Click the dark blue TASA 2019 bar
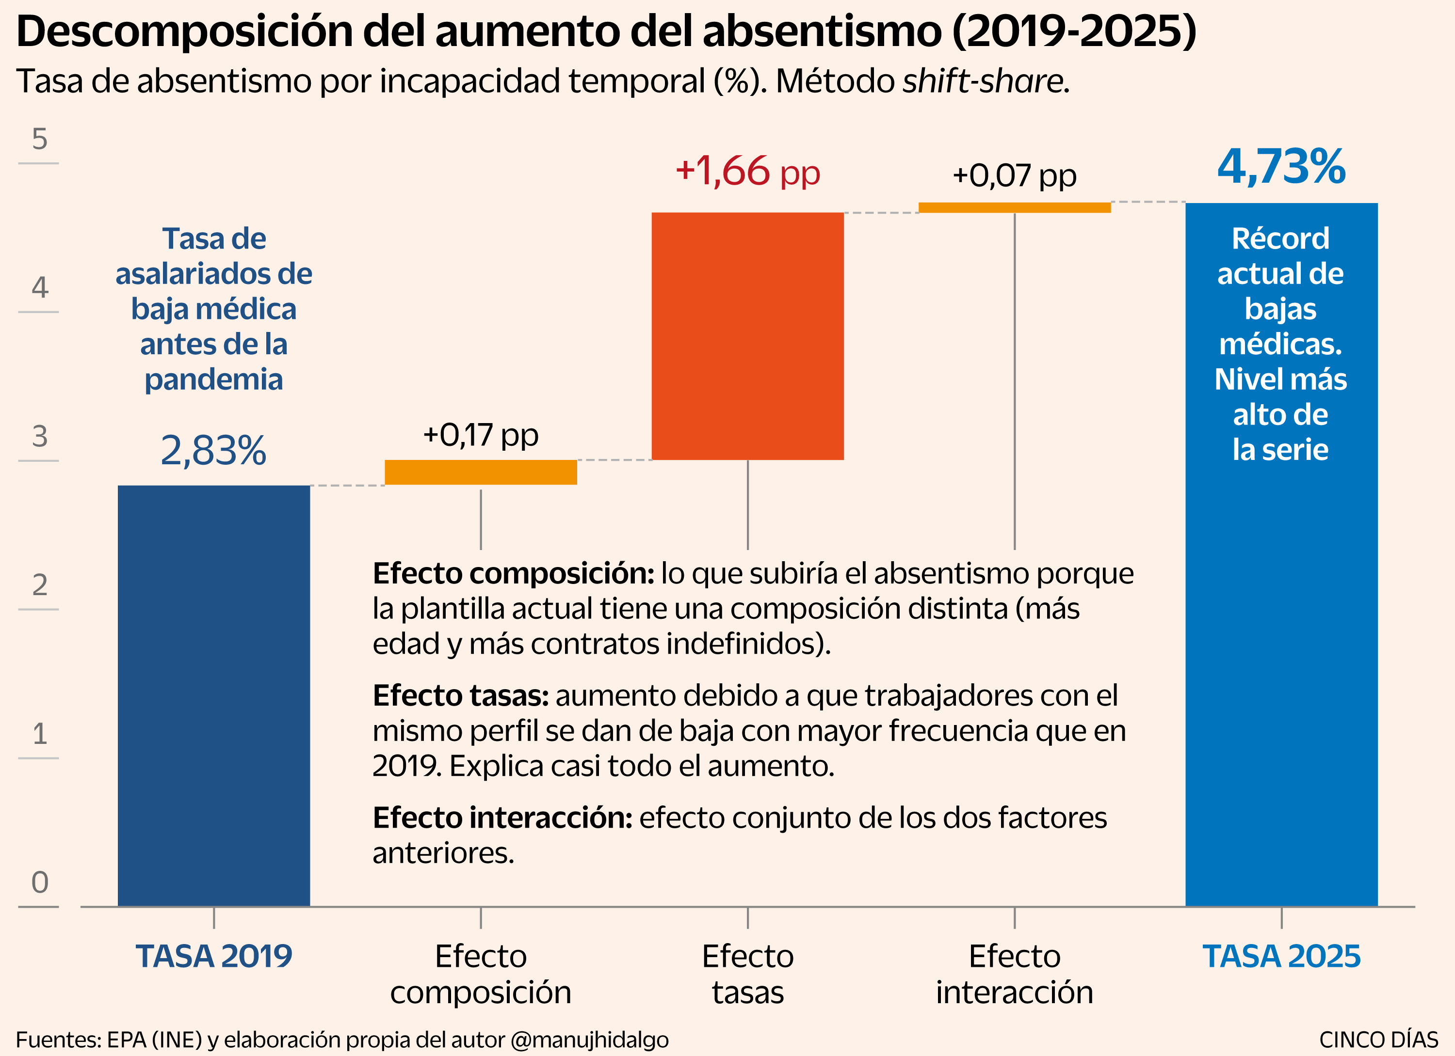click(213, 695)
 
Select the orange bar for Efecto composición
click(481, 473)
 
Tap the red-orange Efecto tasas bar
click(747, 336)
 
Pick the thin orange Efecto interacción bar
click(1014, 207)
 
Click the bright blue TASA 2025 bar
click(1281, 554)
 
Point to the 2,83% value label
click(213, 451)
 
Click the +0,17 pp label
click(481, 435)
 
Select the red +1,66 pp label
click(747, 172)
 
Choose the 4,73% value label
click(1281, 167)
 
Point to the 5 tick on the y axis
click(40, 139)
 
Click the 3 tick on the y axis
click(40, 437)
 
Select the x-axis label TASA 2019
click(213, 957)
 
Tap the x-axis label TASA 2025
click(1281, 957)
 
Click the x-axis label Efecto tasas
click(747, 975)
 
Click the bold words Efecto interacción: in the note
click(503, 818)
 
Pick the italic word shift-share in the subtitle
click(984, 81)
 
